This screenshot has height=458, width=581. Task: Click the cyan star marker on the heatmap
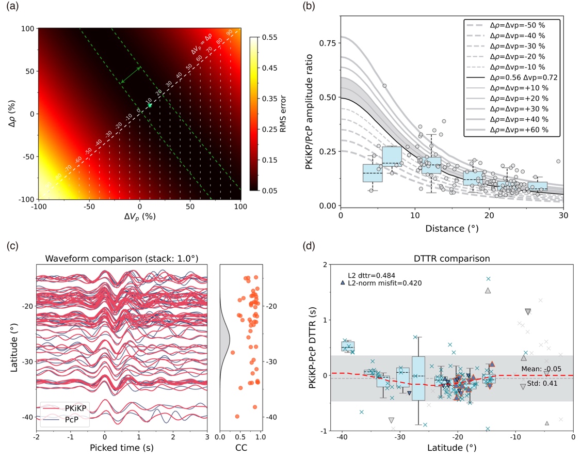(x=150, y=105)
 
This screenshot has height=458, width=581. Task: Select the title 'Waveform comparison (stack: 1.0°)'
(x=122, y=258)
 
